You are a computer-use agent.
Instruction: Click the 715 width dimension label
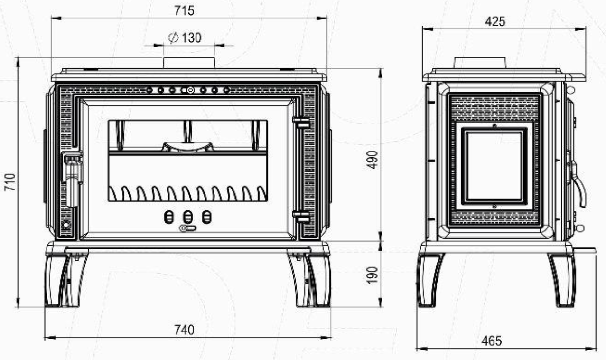[184, 10]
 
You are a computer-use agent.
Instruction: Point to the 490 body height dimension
[373, 160]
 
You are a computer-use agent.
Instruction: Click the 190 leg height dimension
[373, 274]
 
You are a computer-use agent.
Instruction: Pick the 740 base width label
[185, 330]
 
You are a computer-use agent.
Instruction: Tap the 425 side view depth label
[495, 21]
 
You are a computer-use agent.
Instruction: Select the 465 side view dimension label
[492, 341]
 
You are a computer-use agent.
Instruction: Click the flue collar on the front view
[189, 63]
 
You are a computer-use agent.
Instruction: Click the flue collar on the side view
[479, 63]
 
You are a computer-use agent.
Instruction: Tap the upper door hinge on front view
[301, 123]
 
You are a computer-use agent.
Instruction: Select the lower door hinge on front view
[301, 217]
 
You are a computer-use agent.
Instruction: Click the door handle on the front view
[72, 178]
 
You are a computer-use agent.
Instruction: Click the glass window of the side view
[494, 166]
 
